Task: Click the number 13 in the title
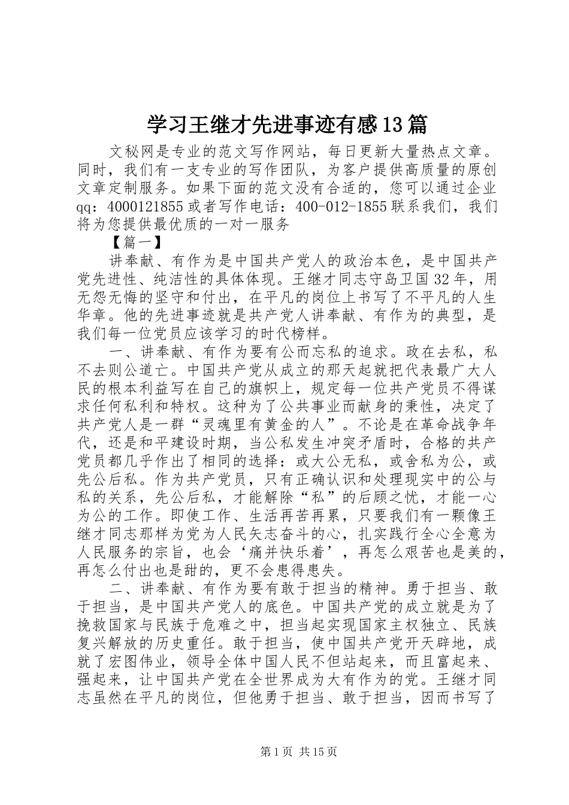(394, 125)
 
